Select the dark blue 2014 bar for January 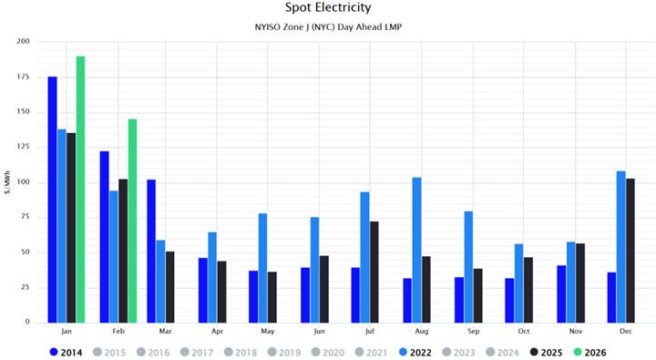[x=52, y=200]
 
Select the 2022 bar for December [x=620, y=246]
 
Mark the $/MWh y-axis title [x=7, y=182]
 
